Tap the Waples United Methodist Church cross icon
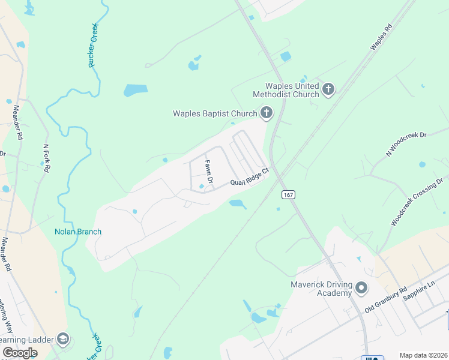pos(328,90)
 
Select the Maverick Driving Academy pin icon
pos(361,289)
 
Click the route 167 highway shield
pos(289,195)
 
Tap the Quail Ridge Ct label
pos(249,179)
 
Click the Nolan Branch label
pos(78,232)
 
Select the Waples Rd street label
pos(381,37)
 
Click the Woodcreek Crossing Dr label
pos(418,201)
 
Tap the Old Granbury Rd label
pos(386,299)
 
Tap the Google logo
pos(20,353)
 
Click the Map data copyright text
pos(423,355)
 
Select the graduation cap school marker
pos(62,340)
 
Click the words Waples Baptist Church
pos(214,113)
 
